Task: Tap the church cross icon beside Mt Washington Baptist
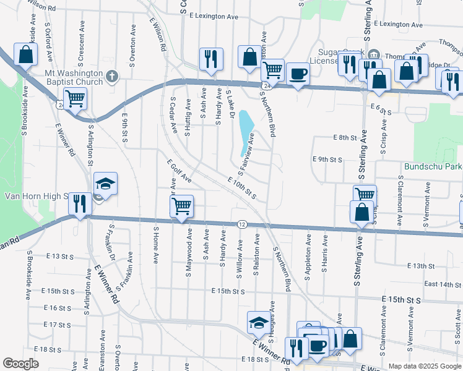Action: pos(111,77)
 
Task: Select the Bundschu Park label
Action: pos(433,167)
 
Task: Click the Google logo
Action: pos(20,364)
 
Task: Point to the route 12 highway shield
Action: pos(242,224)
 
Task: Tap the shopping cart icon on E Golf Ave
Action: pos(182,205)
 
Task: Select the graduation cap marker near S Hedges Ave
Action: pos(259,322)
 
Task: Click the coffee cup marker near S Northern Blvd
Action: pos(297,73)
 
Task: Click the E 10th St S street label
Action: pos(242,188)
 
